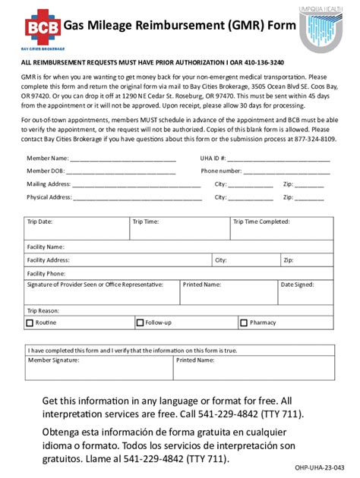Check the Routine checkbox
pos(30,322)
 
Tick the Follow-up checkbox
pos(140,322)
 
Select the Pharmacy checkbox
pos(245,322)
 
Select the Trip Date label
pos(39,222)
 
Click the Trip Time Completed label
pos(261,222)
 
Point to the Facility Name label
pos(46,247)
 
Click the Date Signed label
pos(297,285)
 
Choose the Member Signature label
pos(53,360)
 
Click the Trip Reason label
pos(43,310)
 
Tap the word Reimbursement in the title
pos(152,26)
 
